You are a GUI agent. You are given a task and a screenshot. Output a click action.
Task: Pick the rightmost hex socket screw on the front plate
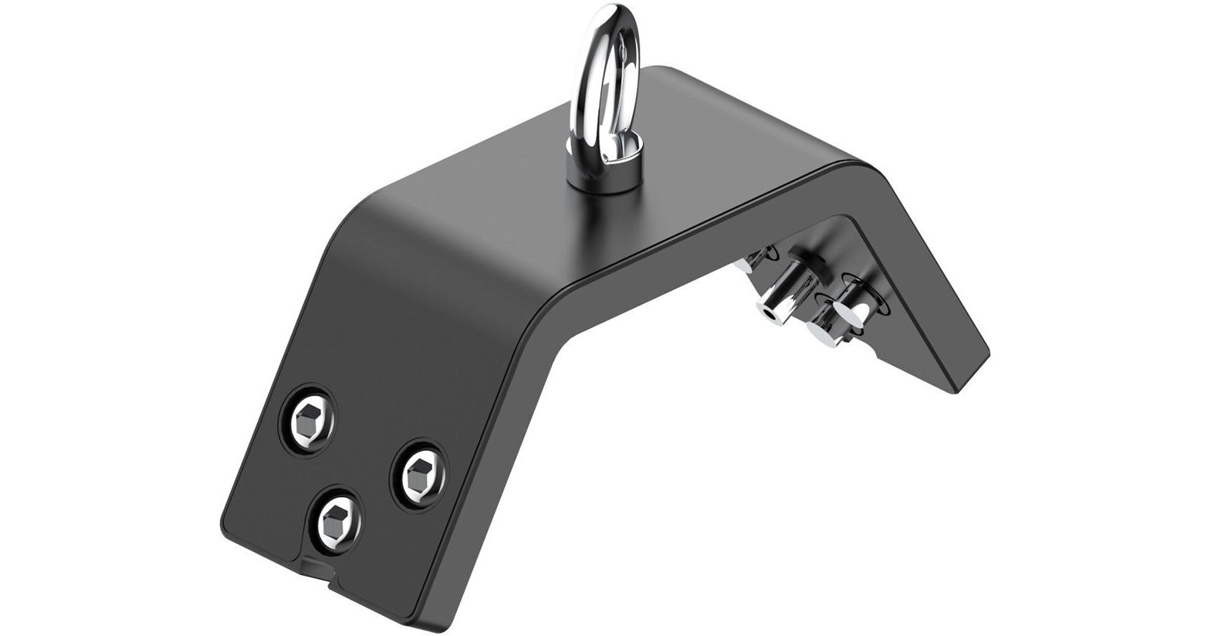click(419, 472)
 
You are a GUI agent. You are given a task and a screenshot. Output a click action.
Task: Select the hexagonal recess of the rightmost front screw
click(419, 472)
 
